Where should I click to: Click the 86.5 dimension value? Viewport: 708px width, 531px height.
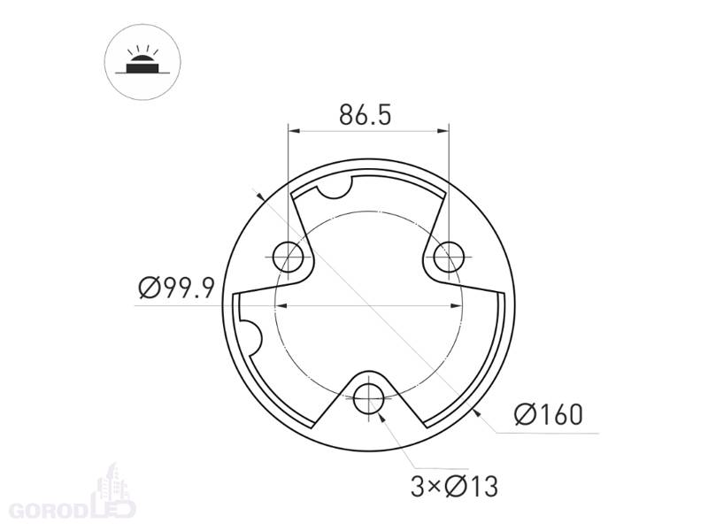coord(366,115)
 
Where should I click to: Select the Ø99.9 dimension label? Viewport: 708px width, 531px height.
coord(176,289)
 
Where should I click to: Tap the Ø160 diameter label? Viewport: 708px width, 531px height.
coord(549,415)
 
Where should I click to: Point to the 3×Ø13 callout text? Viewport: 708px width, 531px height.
coord(454,487)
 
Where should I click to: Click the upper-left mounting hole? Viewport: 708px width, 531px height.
coord(289,257)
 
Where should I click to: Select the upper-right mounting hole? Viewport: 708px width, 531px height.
coord(449,257)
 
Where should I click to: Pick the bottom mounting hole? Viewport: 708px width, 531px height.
coord(369,399)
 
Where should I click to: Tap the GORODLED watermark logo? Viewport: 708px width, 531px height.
coord(73,510)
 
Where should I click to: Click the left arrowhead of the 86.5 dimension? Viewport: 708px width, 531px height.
coord(294,131)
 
